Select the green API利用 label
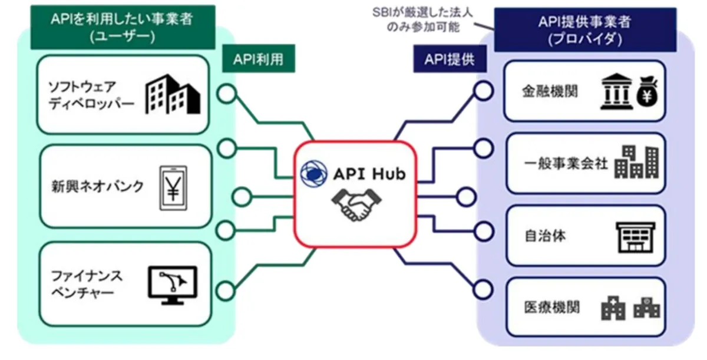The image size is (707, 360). coord(258,61)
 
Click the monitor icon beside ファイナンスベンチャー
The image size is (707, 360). coord(171,285)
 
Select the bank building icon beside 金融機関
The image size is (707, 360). coord(616,91)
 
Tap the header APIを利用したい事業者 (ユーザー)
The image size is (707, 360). coord(122,27)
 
